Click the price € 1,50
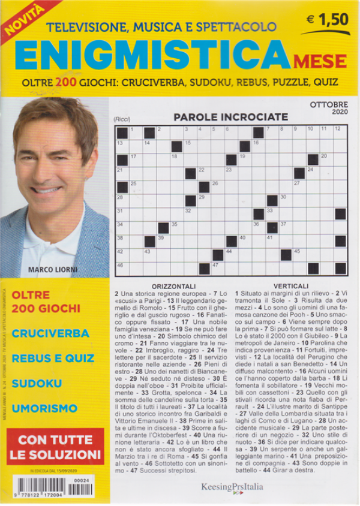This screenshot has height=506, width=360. [x=327, y=20]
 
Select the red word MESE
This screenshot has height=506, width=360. [x=319, y=61]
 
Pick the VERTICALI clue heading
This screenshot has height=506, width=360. [x=290, y=285]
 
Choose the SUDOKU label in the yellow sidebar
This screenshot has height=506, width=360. [x=37, y=382]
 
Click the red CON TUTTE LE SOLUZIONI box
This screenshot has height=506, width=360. [x=55, y=447]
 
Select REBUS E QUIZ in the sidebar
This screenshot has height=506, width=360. [x=53, y=358]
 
